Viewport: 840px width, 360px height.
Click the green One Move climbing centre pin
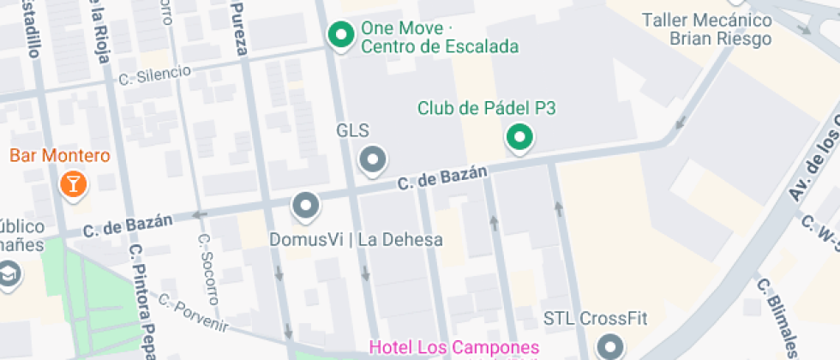tap(342, 35)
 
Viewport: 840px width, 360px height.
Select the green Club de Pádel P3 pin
tap(519, 136)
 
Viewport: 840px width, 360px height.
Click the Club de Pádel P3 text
tap(487, 108)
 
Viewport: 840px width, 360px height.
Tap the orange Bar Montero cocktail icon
tap(74, 183)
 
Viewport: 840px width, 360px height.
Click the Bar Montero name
tap(60, 156)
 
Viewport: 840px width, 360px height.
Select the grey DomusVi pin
tap(306, 206)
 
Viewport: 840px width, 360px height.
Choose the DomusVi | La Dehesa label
tap(356, 239)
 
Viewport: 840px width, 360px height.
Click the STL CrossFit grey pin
tap(610, 347)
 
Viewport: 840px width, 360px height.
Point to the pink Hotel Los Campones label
tap(453, 348)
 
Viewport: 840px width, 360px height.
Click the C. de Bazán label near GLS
tap(442, 177)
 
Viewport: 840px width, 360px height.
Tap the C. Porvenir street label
tap(194, 314)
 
